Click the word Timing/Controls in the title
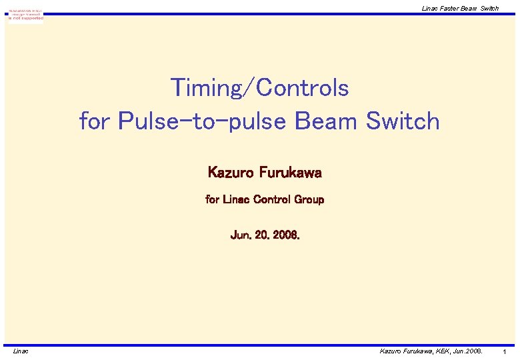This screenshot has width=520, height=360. pos(259,87)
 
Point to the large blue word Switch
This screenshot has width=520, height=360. pos(403,121)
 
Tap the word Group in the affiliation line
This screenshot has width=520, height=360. pos(309,199)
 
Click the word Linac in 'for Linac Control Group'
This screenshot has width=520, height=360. pos(235,199)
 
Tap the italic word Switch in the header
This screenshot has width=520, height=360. pos(489,8)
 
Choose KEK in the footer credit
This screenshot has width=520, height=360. pos(443,351)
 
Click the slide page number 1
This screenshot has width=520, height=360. pos(505,351)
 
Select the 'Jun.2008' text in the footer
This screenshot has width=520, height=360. pos(469,351)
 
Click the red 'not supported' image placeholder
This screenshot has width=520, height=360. pos(26,15)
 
